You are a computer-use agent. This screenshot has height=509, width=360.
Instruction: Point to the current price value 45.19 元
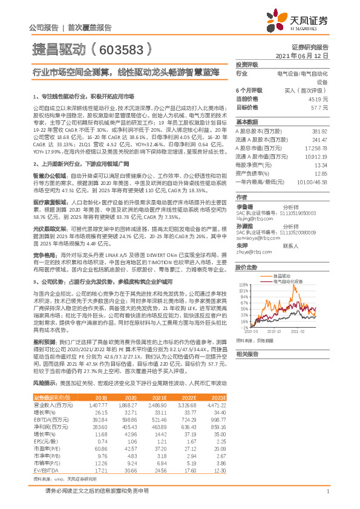click(318, 99)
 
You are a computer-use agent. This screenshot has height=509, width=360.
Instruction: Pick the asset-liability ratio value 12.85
click(320, 173)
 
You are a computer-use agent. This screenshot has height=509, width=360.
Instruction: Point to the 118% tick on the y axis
click(243, 284)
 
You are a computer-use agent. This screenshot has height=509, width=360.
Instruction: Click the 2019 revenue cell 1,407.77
click(98, 404)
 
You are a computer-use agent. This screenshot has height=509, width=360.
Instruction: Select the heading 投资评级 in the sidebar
click(247, 63)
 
